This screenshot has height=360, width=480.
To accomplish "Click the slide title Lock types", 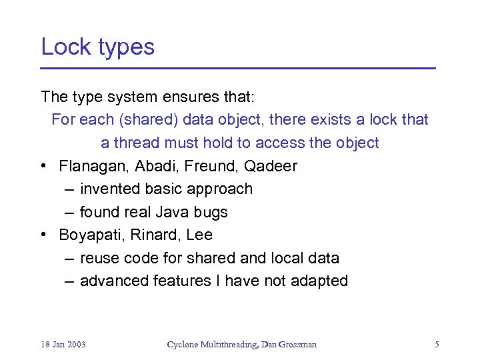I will (97, 47).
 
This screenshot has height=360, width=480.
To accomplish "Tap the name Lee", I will (199, 235).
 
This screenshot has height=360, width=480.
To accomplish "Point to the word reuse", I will (97, 258).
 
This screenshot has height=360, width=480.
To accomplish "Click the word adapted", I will (319, 281).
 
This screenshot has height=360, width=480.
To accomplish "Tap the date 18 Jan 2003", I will (63, 345).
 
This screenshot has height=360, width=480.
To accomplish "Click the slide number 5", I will (437, 345).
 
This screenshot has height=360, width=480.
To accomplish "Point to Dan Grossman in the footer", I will (290, 345).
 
